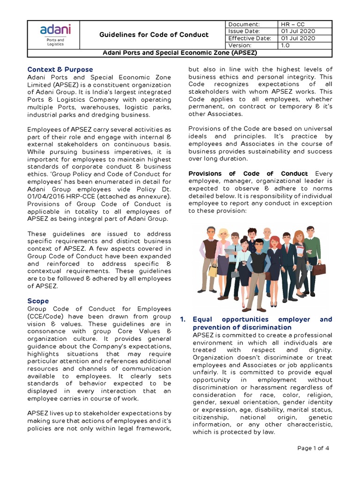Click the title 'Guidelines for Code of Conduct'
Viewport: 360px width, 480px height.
pos(154,35)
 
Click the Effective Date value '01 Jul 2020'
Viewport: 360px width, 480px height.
pos(299,38)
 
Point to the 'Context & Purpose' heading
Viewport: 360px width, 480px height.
pos(60,69)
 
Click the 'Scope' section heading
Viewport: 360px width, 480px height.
pos(37,301)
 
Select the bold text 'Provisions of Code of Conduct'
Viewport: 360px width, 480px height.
pos(248,173)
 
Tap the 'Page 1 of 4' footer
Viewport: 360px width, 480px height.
pos(314,448)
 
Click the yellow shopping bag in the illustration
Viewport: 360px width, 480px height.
pos(213,270)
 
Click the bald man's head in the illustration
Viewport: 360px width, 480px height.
pos(267,233)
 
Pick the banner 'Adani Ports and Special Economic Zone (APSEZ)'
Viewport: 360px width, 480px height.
pos(180,52)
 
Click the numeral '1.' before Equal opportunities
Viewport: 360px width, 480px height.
pos(184,319)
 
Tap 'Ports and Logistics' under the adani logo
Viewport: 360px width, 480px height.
pos(55,43)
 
